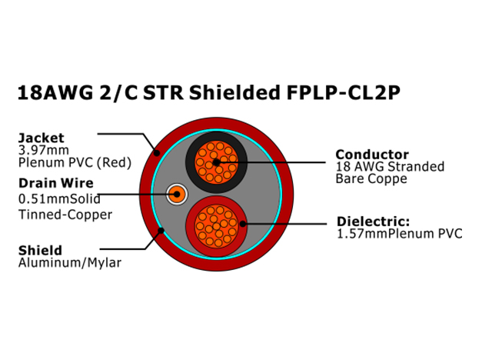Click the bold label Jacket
click(42, 138)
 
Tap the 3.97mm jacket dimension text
click(44, 150)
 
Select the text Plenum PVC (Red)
click(75, 162)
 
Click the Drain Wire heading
click(56, 183)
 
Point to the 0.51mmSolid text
click(59, 199)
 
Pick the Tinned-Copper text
click(65, 215)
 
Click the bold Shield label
click(40, 251)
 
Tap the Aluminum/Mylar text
click(70, 263)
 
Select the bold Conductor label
click(372, 155)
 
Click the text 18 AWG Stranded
click(390, 166)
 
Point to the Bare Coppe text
click(371, 178)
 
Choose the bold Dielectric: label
click(374, 222)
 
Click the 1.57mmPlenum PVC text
click(400, 234)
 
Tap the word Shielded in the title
click(234, 92)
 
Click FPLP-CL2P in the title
click(344, 92)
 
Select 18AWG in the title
click(55, 92)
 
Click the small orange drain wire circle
click(177, 194)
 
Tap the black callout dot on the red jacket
click(157, 152)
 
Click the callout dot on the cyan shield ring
click(161, 231)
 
